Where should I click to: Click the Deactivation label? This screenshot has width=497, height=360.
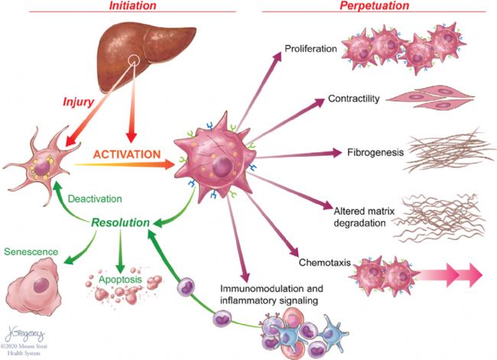[x=95, y=199]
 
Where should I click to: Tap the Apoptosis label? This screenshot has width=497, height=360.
[x=119, y=281]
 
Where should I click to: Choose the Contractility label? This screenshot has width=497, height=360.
[x=354, y=99]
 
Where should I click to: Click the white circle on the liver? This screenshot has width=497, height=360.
[x=134, y=61]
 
